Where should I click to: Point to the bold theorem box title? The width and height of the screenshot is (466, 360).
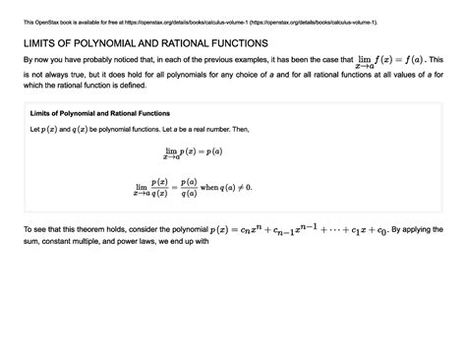coord(100,113)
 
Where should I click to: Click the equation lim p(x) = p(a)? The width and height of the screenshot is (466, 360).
coord(193,152)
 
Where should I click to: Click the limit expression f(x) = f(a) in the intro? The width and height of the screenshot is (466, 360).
coord(385,62)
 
